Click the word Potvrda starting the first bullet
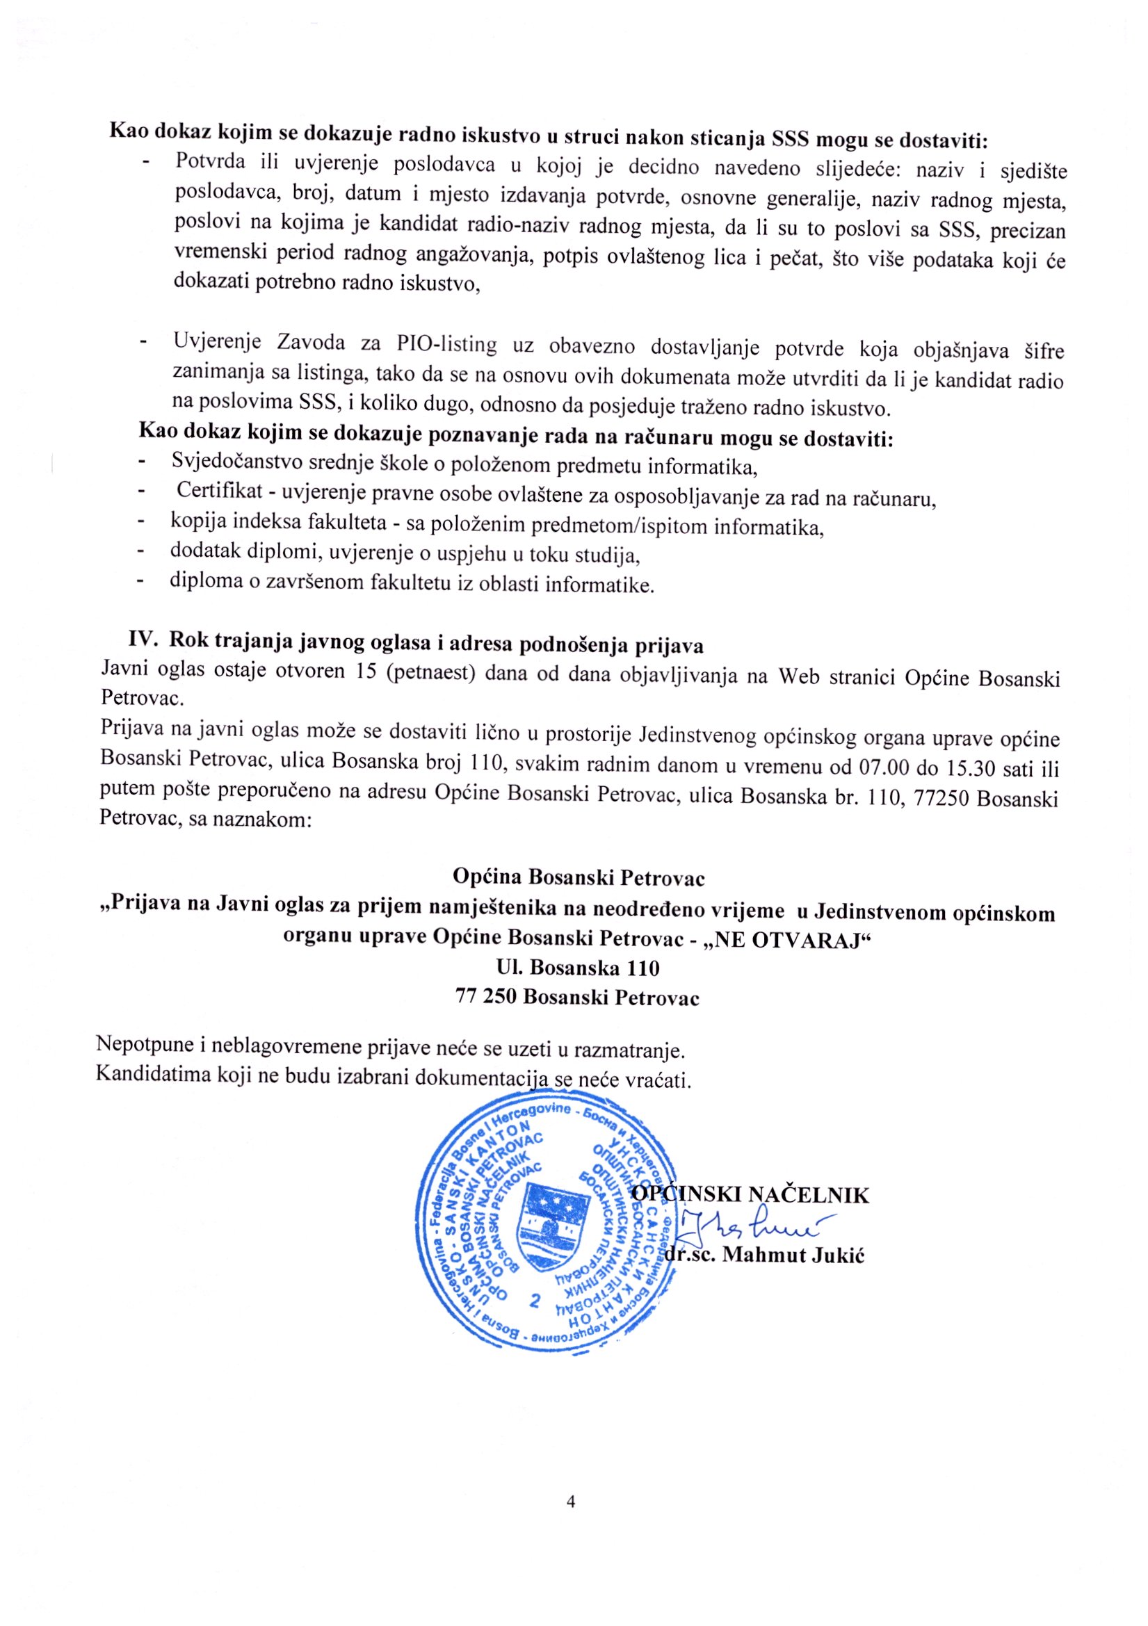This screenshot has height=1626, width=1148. pyautogui.click(x=209, y=160)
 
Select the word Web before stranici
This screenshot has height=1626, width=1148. pyautogui.click(x=799, y=676)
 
